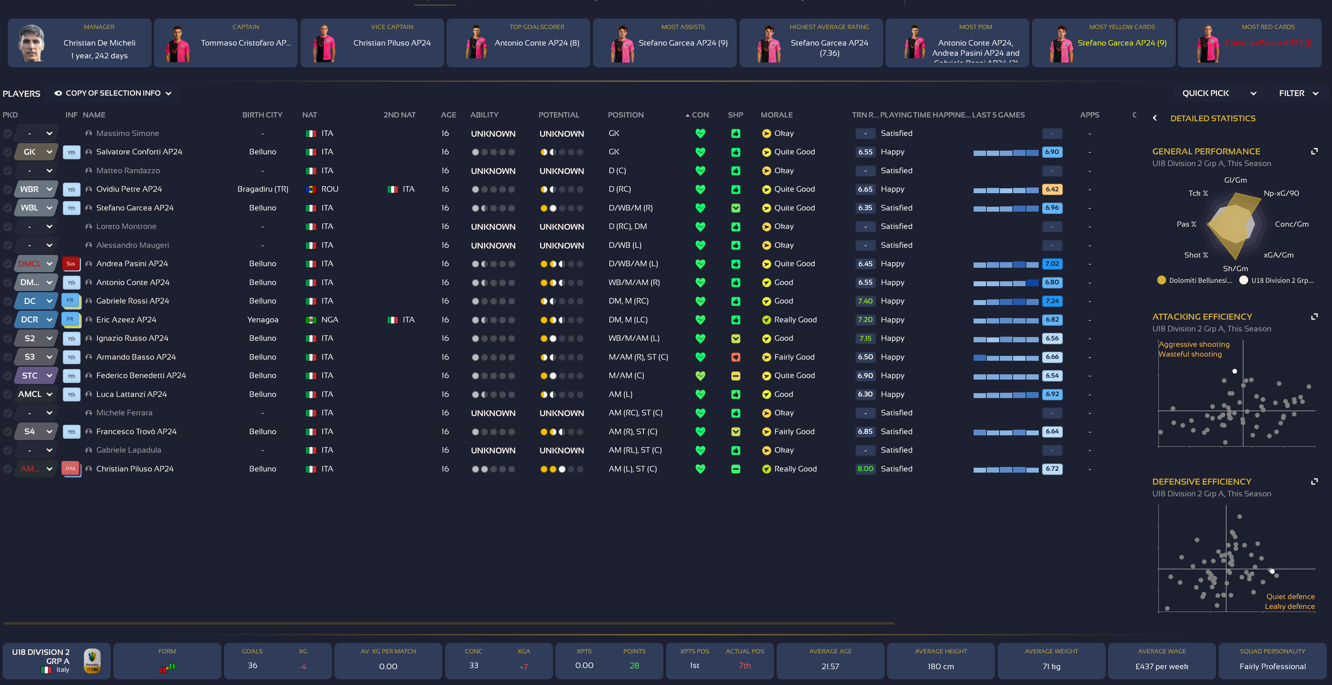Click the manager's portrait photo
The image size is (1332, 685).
pos(32,43)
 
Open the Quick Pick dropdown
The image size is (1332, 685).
pos(1218,93)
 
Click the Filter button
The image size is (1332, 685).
pos(1298,93)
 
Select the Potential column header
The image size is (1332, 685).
pos(558,115)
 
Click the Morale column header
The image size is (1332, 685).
pos(776,115)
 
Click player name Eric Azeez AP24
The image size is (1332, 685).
pos(126,320)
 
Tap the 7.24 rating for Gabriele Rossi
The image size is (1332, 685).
pos(1052,301)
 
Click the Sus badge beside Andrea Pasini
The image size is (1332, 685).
pos(71,264)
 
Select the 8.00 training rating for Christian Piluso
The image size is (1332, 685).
pos(865,469)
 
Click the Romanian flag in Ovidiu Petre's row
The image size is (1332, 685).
pos(311,189)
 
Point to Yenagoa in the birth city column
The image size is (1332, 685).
pos(263,320)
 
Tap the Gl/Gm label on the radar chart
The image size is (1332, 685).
pos(1235,180)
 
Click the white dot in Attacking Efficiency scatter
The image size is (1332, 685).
pos(1234,371)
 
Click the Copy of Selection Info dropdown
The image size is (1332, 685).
pos(113,93)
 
